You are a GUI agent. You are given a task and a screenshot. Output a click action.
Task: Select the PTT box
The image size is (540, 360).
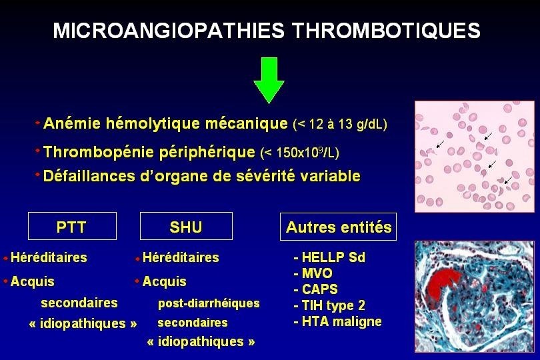coord(72,227)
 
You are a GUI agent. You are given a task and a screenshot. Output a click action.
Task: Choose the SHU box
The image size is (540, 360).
coord(186,227)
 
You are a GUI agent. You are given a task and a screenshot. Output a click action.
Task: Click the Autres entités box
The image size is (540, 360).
coord(339,227)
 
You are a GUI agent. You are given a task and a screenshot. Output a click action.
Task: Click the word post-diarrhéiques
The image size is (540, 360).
coord(209,303)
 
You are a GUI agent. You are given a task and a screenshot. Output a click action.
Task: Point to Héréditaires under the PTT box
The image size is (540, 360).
coord(49,257)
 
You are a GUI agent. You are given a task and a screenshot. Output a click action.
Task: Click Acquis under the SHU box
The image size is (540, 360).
coord(164,281)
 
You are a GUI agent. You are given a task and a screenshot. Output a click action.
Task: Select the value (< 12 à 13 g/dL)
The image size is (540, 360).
coord(340,124)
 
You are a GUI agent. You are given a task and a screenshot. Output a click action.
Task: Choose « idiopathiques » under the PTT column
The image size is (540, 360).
coord(83,323)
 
